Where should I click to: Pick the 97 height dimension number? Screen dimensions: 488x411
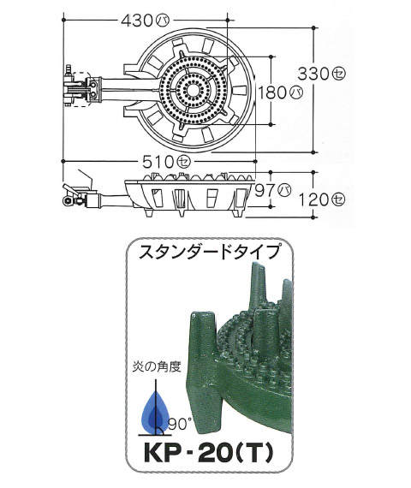[x=265, y=190]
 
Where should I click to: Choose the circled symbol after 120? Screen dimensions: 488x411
[x=338, y=199]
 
